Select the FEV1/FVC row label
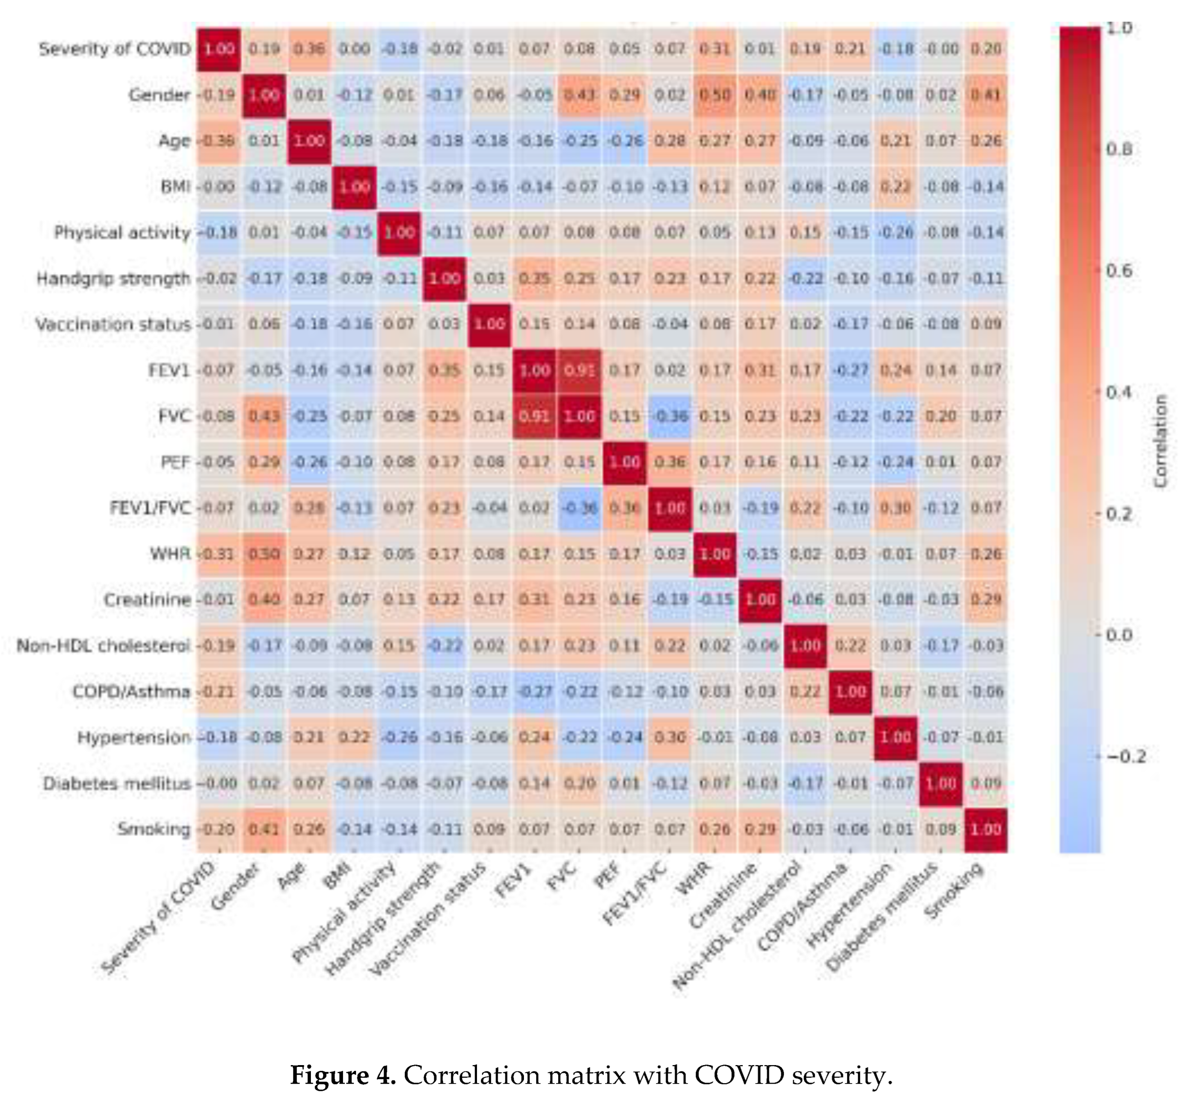coord(150,508)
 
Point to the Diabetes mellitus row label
coord(117,783)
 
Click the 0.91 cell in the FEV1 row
coord(579,370)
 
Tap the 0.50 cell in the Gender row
coord(715,95)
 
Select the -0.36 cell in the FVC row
coord(670,416)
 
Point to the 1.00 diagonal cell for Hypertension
coord(895,737)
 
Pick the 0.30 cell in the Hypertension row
coord(670,737)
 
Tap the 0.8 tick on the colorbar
coord(1119,149)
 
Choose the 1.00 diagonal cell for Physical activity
coord(399,232)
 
